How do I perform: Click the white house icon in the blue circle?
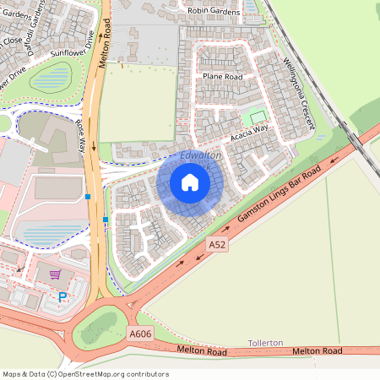click(x=190, y=182)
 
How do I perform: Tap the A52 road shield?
click(x=217, y=243)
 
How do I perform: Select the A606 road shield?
click(x=140, y=334)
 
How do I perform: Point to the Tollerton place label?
click(x=265, y=343)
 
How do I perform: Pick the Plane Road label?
click(x=222, y=76)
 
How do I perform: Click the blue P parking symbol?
click(x=62, y=296)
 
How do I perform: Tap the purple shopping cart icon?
click(x=55, y=274)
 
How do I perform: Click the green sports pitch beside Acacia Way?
click(x=257, y=117)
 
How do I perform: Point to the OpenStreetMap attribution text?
click(x=85, y=373)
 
